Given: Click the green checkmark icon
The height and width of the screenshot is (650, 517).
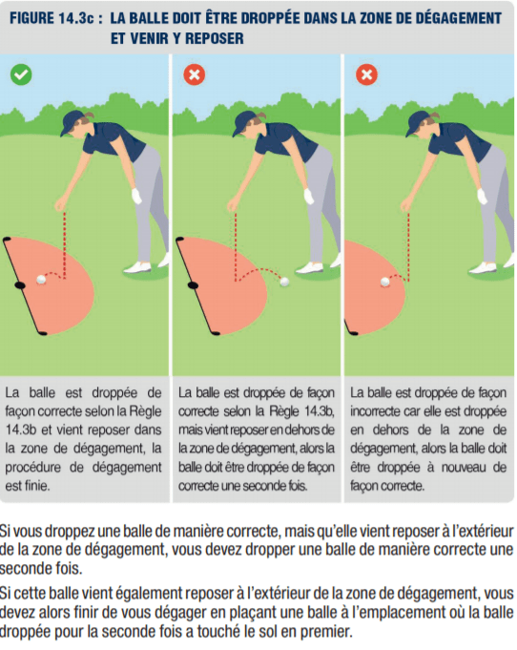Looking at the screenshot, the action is click(21, 75).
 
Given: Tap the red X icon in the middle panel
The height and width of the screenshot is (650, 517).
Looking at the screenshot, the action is click(194, 75).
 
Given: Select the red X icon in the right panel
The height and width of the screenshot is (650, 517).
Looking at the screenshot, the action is click(366, 75).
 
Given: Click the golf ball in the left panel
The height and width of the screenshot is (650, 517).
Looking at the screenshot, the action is click(41, 280).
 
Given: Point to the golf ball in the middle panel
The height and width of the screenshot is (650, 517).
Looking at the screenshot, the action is click(284, 282).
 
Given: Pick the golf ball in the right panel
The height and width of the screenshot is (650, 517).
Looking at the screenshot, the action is click(384, 283).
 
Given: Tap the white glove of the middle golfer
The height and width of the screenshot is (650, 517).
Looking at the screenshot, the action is click(309, 197).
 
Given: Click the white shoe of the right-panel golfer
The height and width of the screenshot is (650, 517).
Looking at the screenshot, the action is click(483, 268).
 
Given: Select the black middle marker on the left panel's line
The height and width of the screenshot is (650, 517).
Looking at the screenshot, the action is click(20, 285).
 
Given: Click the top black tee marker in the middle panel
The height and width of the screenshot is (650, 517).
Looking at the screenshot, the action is click(179, 240).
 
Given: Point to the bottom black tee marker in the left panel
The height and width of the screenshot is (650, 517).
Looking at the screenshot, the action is click(43, 333).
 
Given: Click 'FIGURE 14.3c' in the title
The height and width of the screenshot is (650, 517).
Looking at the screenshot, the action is click(52, 19).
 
